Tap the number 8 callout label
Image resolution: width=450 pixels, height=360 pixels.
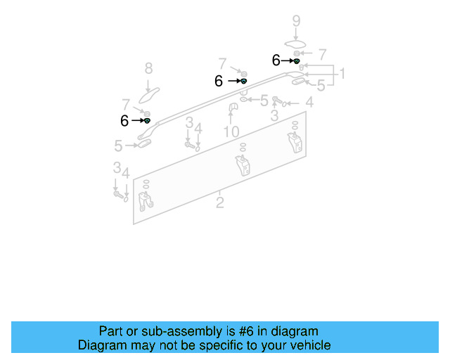[x=148, y=68]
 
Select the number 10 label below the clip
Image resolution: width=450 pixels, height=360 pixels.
[x=231, y=131]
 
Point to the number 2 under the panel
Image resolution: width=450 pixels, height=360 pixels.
[x=220, y=202]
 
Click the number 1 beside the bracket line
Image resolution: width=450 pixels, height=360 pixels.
[x=342, y=74]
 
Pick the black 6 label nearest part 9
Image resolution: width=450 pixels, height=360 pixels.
[x=276, y=61]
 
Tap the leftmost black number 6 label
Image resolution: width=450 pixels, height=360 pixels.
[x=124, y=121]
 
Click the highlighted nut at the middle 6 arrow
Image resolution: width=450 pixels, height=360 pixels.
[x=243, y=82]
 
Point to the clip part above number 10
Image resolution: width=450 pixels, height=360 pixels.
[x=231, y=106]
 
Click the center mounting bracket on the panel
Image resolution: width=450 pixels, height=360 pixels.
[x=243, y=167]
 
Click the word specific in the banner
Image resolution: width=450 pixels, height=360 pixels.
[x=208, y=345]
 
